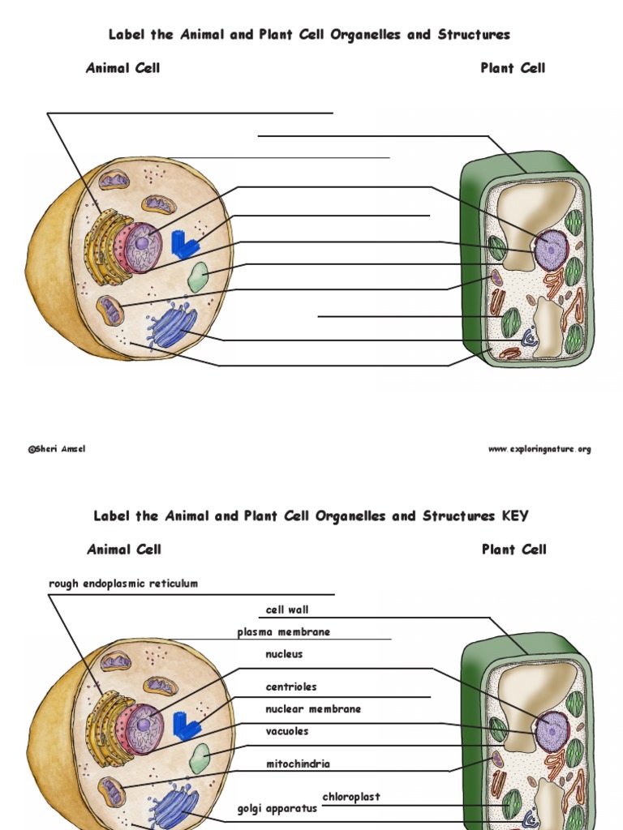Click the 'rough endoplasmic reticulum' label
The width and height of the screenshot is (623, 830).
(x=123, y=584)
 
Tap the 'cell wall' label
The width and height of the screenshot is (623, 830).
(x=287, y=610)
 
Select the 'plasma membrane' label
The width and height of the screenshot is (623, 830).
(x=283, y=632)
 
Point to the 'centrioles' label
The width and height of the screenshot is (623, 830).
(x=291, y=687)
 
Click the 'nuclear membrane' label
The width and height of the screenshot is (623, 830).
(x=313, y=709)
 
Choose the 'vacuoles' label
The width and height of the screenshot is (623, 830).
(x=287, y=731)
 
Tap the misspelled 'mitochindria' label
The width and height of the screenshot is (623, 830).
(x=298, y=764)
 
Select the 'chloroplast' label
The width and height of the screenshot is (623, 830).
(x=351, y=797)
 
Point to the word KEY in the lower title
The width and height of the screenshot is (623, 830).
(x=515, y=516)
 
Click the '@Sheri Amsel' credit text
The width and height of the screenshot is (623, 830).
(x=57, y=450)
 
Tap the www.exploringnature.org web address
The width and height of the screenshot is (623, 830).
(x=539, y=450)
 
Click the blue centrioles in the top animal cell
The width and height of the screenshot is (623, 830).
(x=184, y=246)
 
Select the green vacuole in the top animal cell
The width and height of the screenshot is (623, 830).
(x=198, y=277)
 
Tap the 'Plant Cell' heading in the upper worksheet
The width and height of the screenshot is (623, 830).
(x=513, y=68)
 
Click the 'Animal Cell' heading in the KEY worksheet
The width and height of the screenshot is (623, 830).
(x=124, y=550)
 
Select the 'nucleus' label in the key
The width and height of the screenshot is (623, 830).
(x=284, y=654)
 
